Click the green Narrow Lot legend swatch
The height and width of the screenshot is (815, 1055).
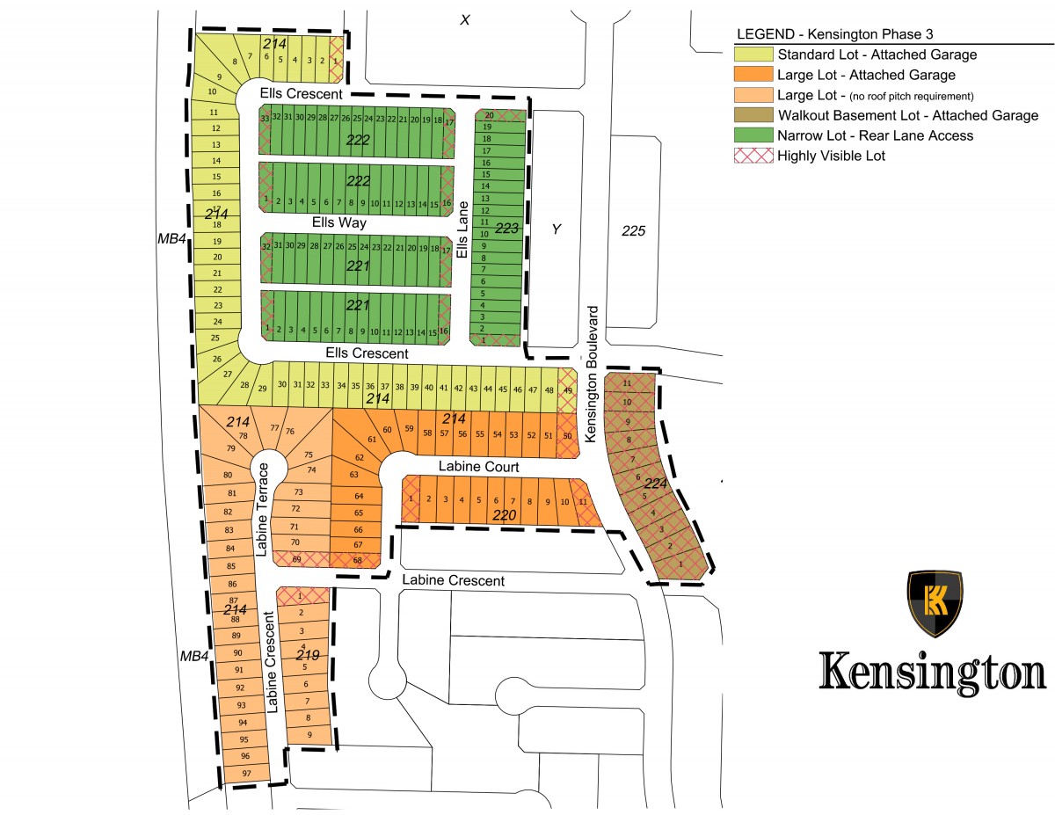coord(753,135)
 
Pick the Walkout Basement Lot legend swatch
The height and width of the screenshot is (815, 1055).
coord(753,115)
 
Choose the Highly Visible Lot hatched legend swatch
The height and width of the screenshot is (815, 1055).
coord(753,156)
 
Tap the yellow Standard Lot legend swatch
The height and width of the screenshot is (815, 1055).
coord(753,55)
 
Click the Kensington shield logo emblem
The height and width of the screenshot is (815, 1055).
coord(935,604)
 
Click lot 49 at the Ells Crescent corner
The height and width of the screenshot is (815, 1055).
coord(567,389)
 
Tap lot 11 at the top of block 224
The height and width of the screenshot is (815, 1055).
coord(627,383)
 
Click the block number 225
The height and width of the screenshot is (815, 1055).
coord(633,231)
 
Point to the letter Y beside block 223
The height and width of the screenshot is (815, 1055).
coord(556,229)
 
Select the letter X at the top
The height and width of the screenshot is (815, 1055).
coord(465,19)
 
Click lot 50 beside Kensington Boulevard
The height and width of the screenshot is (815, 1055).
coord(567,436)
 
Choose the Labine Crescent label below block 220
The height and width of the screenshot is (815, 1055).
coord(453,581)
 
